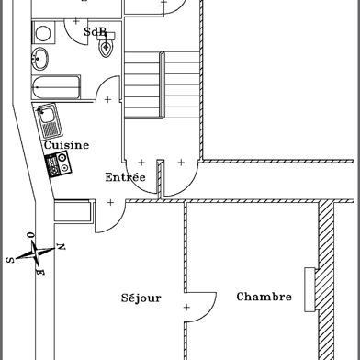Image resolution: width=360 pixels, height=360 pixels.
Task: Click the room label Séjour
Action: [x=141, y=298]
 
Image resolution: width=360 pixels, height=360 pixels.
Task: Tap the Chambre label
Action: [x=264, y=297]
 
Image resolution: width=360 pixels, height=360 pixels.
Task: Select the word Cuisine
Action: [x=65, y=145]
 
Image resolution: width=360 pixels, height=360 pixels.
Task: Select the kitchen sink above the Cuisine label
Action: [x=48, y=118]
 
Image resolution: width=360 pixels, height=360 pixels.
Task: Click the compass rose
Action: [x=35, y=252]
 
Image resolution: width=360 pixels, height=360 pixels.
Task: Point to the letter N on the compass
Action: [x=61, y=246]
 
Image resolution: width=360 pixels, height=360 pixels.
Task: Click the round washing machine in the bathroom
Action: [x=42, y=33]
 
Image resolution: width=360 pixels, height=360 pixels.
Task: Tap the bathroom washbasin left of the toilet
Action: [x=40, y=61]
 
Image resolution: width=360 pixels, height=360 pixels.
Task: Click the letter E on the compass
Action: [x=39, y=273]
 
